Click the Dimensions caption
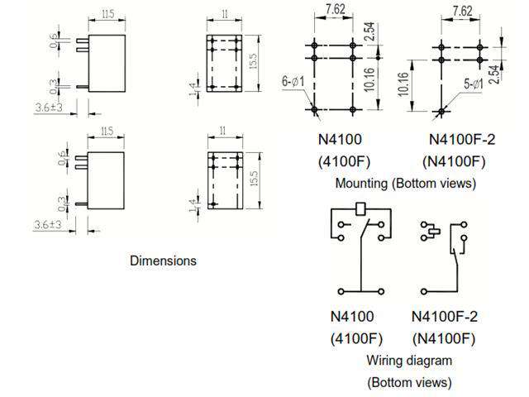tap(163, 261)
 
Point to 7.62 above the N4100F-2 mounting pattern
tap(462, 11)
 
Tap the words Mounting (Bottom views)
tap(405, 184)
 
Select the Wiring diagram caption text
tap(409, 360)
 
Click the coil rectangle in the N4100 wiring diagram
tap(360, 209)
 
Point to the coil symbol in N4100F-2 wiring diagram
tap(429, 229)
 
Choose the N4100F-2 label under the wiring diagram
tap(445, 316)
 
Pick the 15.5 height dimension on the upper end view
tap(254, 62)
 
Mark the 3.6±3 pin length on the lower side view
tap(48, 225)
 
